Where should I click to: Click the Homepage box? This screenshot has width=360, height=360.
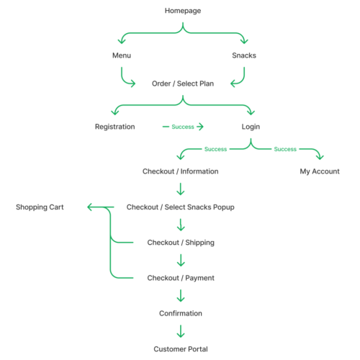click(x=183, y=11)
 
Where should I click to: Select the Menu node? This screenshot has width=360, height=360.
click(x=122, y=55)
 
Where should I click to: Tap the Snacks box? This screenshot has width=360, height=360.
click(x=245, y=55)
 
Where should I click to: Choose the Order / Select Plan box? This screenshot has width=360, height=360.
click(x=183, y=84)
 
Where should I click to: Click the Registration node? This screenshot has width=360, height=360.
click(x=114, y=127)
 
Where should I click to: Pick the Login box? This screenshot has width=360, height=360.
click(x=251, y=127)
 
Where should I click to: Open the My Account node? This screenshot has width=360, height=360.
click(x=320, y=171)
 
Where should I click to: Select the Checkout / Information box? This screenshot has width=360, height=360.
click(x=180, y=171)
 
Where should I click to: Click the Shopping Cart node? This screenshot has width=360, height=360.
click(x=40, y=207)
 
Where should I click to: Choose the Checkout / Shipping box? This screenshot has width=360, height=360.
click(x=180, y=243)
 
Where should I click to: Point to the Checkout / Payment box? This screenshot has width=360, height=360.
click(x=180, y=278)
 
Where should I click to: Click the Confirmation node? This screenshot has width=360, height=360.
click(x=180, y=313)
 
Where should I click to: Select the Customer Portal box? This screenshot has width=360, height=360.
click(x=180, y=349)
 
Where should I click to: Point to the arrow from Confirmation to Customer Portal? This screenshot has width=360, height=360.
click(x=180, y=331)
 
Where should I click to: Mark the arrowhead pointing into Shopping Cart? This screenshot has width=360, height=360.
click(x=91, y=207)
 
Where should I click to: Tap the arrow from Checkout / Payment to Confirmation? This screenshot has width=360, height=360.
click(x=180, y=296)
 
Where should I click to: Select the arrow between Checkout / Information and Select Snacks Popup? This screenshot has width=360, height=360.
click(x=180, y=189)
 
